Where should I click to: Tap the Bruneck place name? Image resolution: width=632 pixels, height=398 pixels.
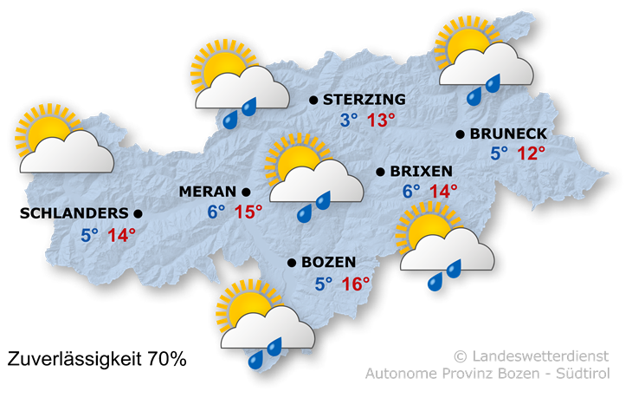(508, 134)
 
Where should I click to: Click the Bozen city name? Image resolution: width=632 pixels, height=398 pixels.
(329, 262)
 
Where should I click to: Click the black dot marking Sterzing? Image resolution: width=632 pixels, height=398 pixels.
(313, 101)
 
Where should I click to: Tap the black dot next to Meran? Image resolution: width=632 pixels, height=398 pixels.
(246, 192)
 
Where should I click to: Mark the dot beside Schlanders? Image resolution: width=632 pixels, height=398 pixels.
(138, 213)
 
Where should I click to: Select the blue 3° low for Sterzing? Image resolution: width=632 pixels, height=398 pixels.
(348, 121)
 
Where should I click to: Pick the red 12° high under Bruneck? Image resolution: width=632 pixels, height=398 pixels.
(531, 154)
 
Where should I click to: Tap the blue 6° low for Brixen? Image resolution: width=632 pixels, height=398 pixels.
(410, 192)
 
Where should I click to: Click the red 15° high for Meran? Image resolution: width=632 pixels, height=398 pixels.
(248, 212)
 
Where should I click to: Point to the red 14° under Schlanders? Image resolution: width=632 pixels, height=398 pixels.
(122, 235)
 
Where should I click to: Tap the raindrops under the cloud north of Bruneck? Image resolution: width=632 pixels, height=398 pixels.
(484, 88)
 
